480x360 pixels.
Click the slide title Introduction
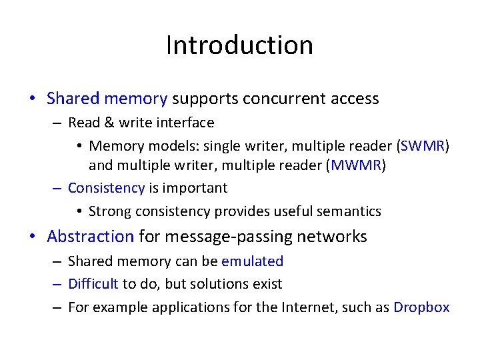pos(239,45)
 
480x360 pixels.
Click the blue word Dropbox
pos(421,307)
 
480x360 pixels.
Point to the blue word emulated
pos(252,261)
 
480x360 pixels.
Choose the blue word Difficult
pos(93,284)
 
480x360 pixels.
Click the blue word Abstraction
pos(91,237)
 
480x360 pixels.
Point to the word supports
pos(204,99)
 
